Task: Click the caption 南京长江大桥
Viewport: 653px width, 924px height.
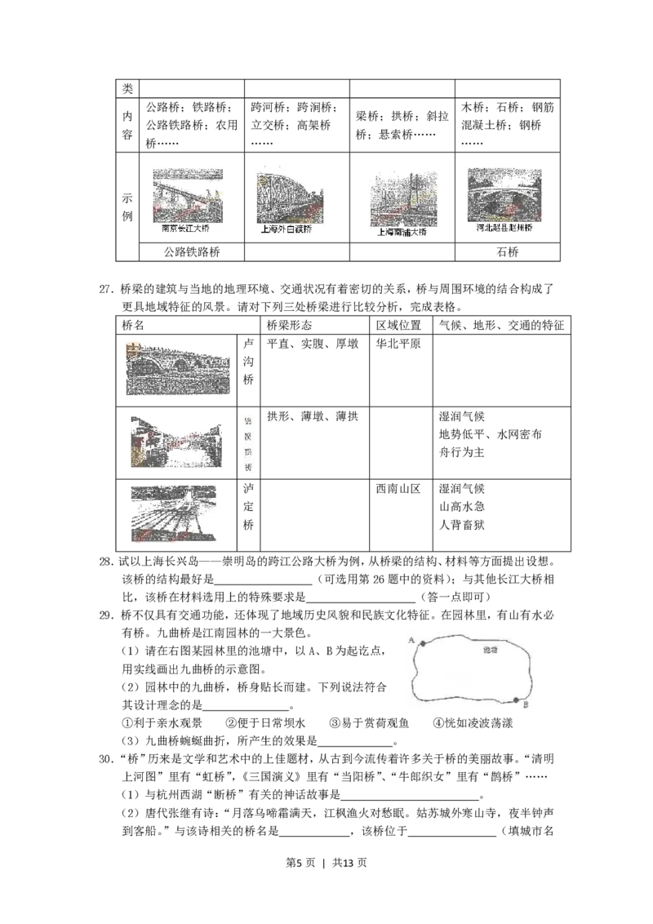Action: (x=186, y=229)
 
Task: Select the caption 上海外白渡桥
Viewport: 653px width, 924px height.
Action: (x=286, y=230)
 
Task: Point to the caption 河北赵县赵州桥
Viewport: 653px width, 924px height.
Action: (x=504, y=229)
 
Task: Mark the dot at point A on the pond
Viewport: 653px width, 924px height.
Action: (x=423, y=644)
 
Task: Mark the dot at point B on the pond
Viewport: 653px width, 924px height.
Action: (x=517, y=700)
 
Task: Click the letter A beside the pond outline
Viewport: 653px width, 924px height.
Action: (x=412, y=639)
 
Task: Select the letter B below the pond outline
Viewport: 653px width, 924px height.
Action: (x=526, y=704)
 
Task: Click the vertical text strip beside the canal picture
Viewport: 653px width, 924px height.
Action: (x=248, y=445)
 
